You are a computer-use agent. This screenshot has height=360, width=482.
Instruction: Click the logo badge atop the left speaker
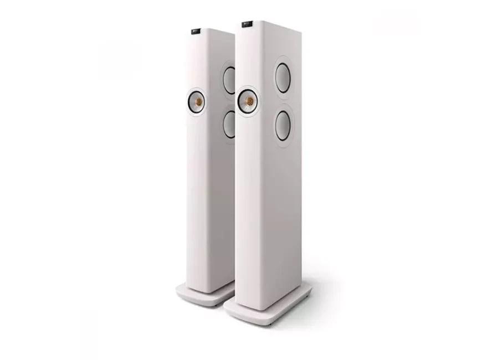tap(197, 30)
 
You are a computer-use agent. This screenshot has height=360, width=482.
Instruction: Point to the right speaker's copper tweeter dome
tap(248, 101)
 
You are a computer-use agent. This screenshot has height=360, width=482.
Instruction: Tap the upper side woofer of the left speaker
tap(229, 79)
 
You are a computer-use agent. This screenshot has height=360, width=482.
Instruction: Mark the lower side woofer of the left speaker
tap(229, 124)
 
